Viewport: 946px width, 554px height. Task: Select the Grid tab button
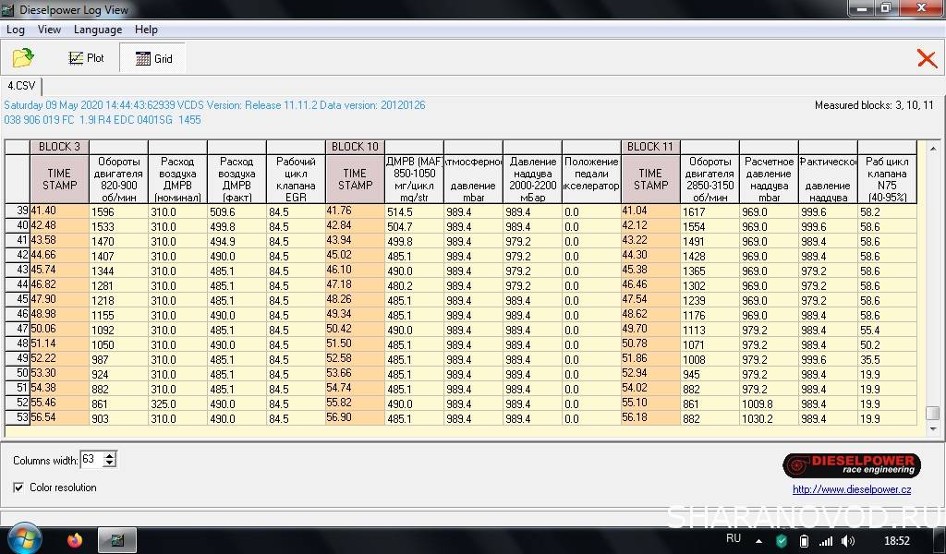(x=153, y=58)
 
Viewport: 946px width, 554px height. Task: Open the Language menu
(x=98, y=30)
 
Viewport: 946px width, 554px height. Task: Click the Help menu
(x=146, y=30)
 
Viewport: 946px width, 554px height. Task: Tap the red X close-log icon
(x=926, y=58)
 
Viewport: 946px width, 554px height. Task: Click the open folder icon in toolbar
(x=23, y=58)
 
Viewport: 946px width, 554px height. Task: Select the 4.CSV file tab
(x=20, y=86)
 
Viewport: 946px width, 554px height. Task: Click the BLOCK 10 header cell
(x=355, y=147)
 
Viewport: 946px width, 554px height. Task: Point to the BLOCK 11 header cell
(x=650, y=147)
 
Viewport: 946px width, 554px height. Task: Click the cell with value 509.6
(x=236, y=211)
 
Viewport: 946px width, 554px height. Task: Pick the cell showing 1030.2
(x=769, y=418)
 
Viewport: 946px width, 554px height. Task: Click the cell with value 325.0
(x=176, y=403)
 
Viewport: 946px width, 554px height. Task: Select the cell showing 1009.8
(x=769, y=403)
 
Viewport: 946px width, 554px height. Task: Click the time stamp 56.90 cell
(x=355, y=418)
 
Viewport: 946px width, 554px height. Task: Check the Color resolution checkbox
(x=19, y=488)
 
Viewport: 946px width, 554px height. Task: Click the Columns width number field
(x=91, y=459)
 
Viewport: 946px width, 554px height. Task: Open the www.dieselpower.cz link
(x=852, y=489)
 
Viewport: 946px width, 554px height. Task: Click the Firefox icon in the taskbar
(x=75, y=540)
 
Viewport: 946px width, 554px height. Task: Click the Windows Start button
(x=24, y=539)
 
